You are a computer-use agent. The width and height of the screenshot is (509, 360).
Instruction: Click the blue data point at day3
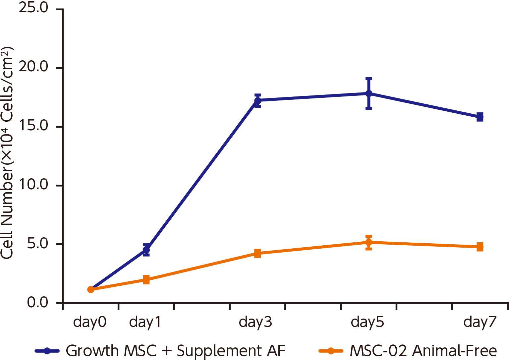[x=257, y=100]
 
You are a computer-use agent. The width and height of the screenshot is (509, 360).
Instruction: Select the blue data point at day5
[x=368, y=93]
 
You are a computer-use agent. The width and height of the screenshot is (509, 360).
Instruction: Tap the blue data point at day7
[x=480, y=117]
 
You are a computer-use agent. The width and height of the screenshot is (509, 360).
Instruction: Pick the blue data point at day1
[x=146, y=250]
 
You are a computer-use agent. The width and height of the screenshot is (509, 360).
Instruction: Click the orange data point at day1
[x=146, y=280]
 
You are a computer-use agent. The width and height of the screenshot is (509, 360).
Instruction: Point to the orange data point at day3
[x=257, y=254]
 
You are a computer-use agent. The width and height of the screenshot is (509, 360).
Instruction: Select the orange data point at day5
[x=368, y=242]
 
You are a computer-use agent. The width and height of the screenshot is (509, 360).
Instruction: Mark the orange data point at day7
[x=480, y=247]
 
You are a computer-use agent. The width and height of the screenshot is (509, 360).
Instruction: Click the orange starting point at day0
[x=90, y=289]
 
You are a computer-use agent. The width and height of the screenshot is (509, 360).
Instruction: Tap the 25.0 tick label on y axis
[x=33, y=8]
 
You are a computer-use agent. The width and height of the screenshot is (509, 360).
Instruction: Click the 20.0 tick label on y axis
[x=33, y=67]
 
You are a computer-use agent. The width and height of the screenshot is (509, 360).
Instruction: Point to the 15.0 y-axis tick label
[x=33, y=126]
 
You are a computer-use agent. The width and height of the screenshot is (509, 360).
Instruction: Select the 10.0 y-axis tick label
[x=33, y=185]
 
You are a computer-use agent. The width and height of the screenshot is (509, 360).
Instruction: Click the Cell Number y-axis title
[x=7, y=152]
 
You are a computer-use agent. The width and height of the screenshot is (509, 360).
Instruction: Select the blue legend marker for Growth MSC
[x=47, y=351]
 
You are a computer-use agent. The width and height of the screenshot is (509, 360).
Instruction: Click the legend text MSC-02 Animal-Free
[x=423, y=351]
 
